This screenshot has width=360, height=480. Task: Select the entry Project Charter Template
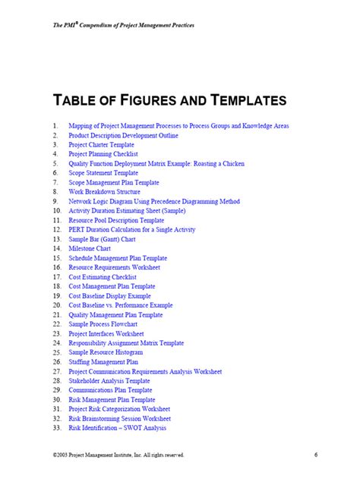coord(101,144)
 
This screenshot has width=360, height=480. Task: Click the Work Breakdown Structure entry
coord(104,191)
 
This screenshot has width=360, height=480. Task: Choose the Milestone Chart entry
coord(89,248)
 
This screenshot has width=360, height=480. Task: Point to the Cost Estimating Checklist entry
coord(102,276)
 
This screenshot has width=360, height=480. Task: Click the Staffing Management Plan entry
coord(103,362)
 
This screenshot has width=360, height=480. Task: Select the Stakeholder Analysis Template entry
coord(109,381)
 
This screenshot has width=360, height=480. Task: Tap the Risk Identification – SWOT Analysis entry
coord(117,428)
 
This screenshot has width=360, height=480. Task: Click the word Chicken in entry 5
coord(229,163)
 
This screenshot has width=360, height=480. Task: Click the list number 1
coord(55,125)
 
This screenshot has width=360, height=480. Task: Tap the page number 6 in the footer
coord(314,454)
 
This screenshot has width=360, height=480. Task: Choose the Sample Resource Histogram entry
coord(106,352)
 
